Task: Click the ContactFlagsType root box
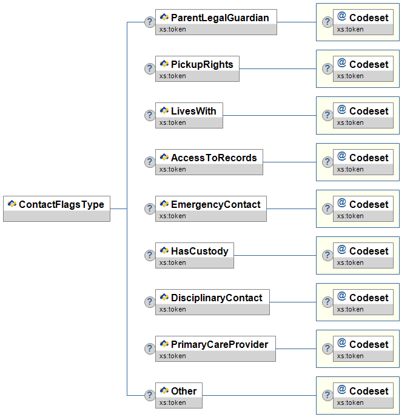click(56, 208)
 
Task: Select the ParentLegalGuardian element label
click(220, 18)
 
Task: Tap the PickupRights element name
click(202, 64)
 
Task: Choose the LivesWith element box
click(189, 115)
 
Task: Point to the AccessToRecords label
click(214, 158)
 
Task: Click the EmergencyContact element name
click(215, 204)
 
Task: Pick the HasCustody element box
click(195, 255)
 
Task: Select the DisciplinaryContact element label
click(217, 298)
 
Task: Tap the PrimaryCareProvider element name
click(220, 344)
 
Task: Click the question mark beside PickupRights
click(150, 68)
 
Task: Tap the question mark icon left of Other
click(150, 395)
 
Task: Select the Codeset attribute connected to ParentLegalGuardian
click(363, 22)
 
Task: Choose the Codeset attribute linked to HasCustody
click(363, 255)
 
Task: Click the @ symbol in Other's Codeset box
click(341, 390)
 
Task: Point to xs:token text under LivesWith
click(172, 122)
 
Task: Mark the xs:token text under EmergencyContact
click(172, 216)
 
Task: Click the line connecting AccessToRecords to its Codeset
click(289, 162)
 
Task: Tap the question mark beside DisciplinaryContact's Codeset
click(327, 302)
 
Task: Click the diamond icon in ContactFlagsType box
click(12, 204)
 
